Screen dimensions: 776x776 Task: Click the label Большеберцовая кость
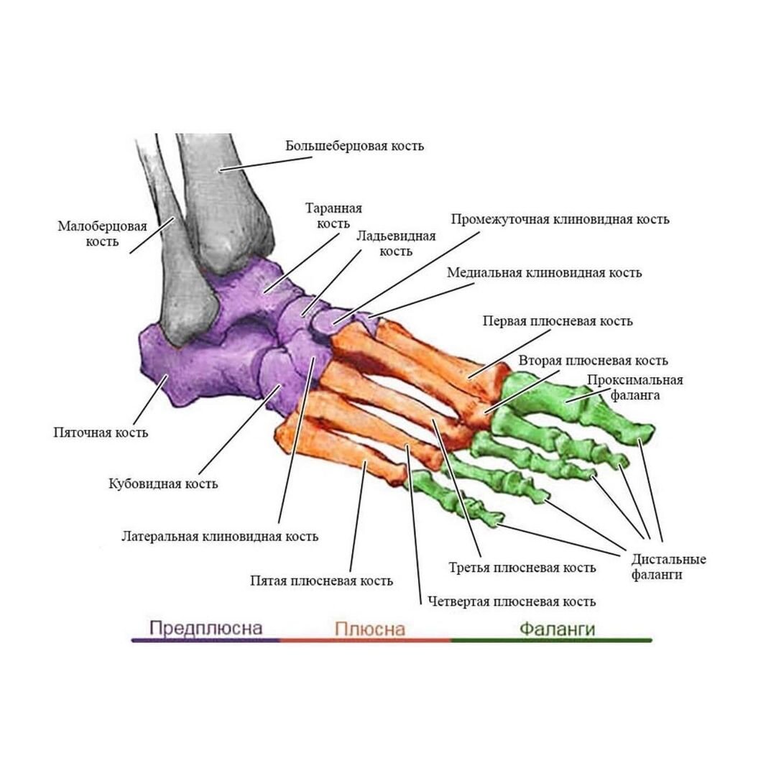354,146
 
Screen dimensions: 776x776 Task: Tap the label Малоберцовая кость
102,234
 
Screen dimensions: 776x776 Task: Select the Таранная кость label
333,216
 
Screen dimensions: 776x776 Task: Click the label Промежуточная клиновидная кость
560,219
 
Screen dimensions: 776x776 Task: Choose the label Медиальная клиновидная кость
544,273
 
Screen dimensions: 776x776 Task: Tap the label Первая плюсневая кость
558,320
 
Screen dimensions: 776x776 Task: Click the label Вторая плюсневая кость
593,360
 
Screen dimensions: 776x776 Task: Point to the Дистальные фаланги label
668,567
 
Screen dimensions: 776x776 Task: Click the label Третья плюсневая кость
522,568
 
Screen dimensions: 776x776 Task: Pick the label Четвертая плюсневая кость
511,601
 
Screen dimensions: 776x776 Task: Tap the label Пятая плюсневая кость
321,581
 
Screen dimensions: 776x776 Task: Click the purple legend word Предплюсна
205,628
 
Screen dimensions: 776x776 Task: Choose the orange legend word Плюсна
369,629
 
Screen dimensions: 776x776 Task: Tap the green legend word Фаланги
557,629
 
